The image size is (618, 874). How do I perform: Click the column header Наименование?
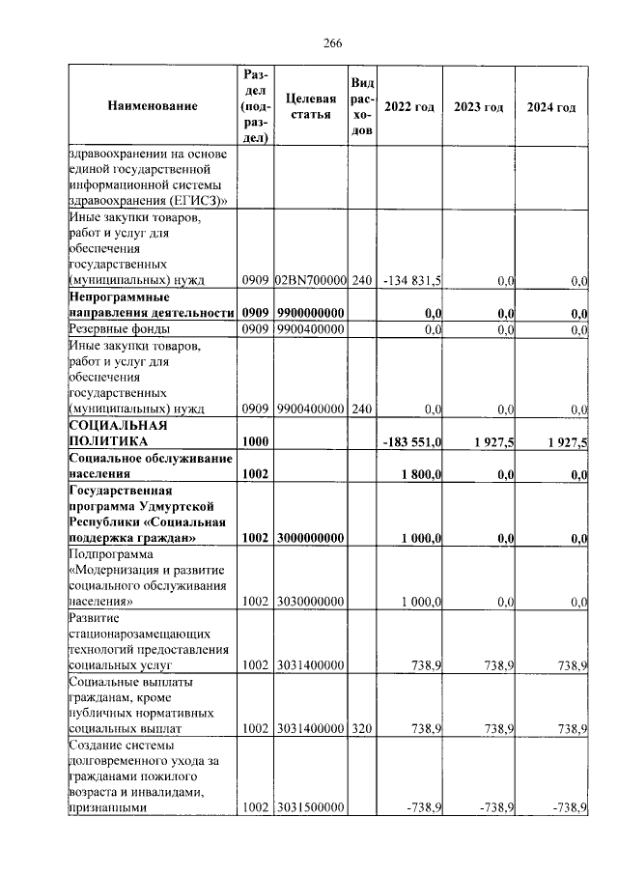[x=153, y=106]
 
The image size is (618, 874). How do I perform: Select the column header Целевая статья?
[x=311, y=106]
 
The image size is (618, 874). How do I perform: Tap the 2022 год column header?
[x=408, y=106]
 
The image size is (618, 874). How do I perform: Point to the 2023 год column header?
[x=479, y=106]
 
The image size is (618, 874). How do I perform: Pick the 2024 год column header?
[x=551, y=106]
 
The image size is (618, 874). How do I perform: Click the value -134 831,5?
[x=412, y=280]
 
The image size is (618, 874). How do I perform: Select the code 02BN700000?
[x=311, y=280]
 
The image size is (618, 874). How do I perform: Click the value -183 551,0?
[x=412, y=441]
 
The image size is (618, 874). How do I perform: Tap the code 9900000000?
[x=311, y=313]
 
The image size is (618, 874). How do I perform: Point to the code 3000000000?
[x=311, y=538]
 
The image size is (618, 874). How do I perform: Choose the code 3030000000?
[x=311, y=602]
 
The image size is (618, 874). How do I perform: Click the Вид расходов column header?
[x=361, y=106]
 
